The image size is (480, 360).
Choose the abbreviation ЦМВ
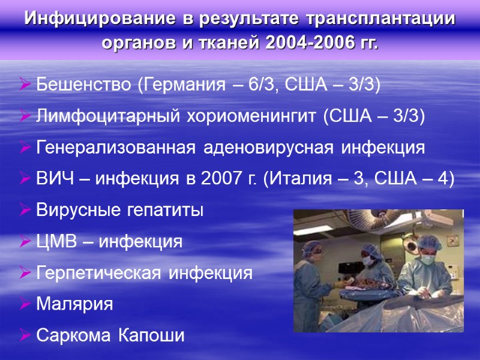coord(56,242)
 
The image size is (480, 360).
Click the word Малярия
coord(74,304)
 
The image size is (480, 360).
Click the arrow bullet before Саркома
coord(25,335)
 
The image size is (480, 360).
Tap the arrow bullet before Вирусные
coord(25,211)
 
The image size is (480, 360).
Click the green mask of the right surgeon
coord(427,260)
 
